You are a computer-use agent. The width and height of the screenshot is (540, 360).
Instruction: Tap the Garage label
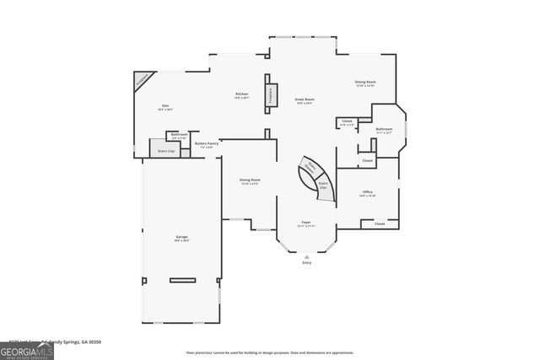(x=182, y=239)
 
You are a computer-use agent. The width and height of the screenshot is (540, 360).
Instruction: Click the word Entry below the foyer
(x=306, y=263)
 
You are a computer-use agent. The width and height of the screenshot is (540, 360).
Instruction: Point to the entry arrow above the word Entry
(x=306, y=255)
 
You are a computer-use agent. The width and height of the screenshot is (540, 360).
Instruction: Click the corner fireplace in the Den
(x=143, y=79)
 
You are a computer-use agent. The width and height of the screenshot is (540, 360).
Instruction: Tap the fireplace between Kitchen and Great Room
(x=272, y=94)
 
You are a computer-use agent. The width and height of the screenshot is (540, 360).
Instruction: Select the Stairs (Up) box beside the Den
(x=166, y=151)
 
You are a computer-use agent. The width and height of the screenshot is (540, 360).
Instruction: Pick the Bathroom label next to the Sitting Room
(x=385, y=130)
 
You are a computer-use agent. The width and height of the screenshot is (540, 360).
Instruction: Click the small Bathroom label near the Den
(x=179, y=135)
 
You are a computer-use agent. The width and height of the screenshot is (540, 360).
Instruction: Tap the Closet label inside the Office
(x=380, y=224)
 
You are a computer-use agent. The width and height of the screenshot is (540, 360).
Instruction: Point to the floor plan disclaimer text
(x=270, y=352)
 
